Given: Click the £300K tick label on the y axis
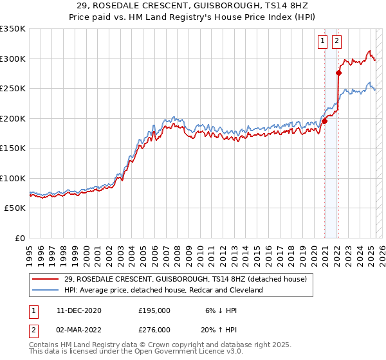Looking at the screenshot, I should [x=13, y=59].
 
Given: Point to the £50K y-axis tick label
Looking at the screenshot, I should [x=15, y=208].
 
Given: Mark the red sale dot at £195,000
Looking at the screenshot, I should [x=325, y=121].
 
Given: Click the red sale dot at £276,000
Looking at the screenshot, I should [x=338, y=73].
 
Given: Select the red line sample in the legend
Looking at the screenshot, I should [x=45, y=279].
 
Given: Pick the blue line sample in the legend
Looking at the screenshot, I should [x=45, y=290].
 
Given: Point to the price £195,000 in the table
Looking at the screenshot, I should [x=154, y=310].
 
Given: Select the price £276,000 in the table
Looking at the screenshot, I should [x=154, y=330].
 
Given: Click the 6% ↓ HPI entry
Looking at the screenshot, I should [x=221, y=310].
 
